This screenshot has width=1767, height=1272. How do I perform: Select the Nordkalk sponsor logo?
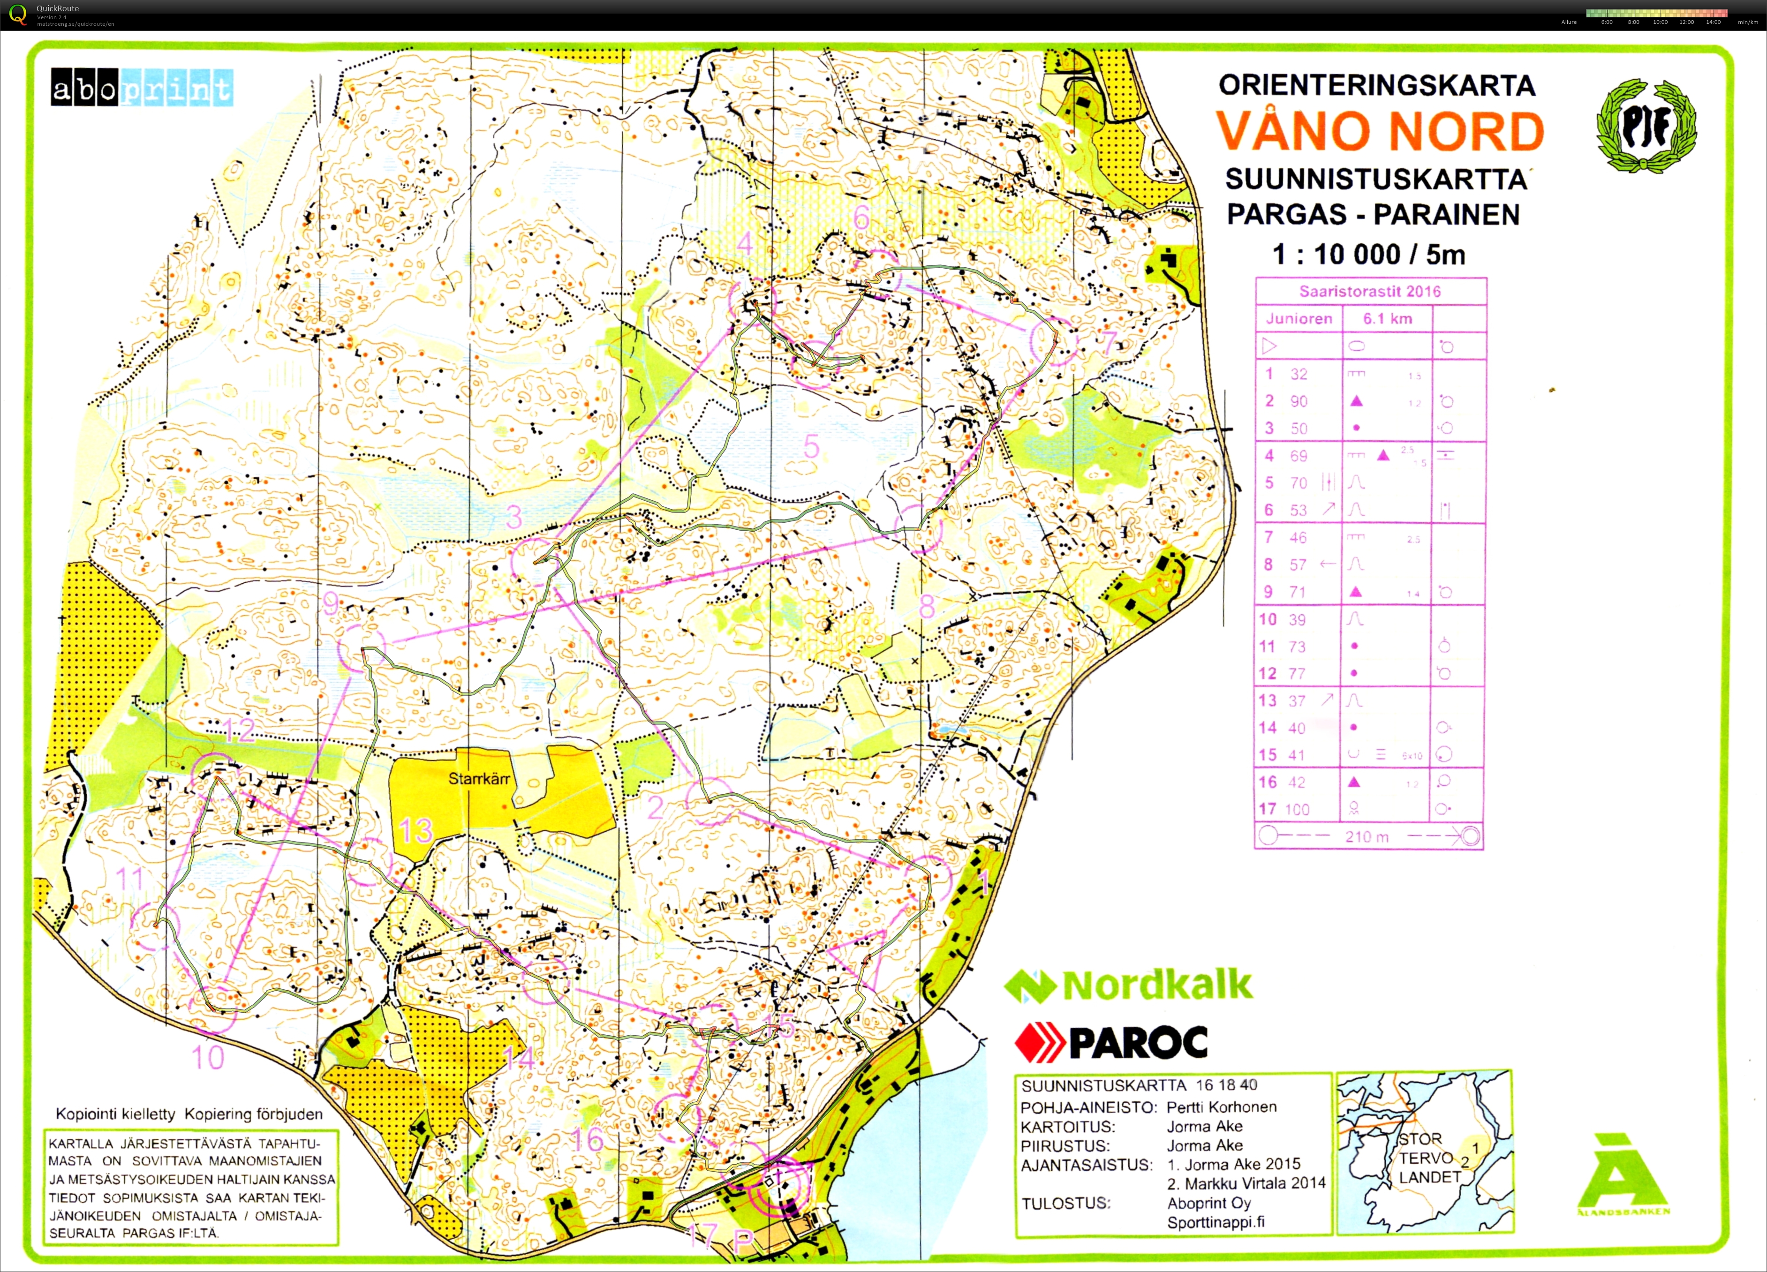pos(1128,986)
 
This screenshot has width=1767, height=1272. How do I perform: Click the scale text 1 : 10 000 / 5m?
pos(1368,254)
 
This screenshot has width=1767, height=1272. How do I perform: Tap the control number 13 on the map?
pos(415,830)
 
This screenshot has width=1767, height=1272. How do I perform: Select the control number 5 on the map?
pos(811,446)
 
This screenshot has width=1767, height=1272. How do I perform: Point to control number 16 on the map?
pos(588,1140)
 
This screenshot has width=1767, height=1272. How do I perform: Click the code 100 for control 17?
pos(1297,809)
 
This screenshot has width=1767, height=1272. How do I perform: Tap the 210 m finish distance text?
pos(1367,836)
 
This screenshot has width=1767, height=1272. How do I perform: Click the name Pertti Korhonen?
pos(1222,1106)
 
